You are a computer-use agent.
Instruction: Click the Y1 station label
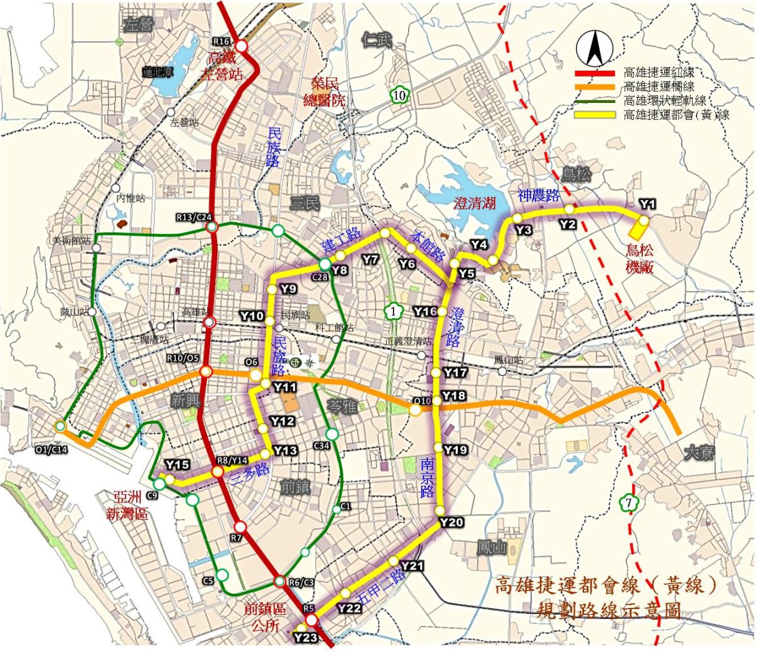coord(647,204)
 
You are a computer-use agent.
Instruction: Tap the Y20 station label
coord(452,523)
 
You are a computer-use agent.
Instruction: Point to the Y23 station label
coord(305,637)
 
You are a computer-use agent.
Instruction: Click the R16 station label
coord(221,41)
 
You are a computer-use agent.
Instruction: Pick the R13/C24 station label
coord(193,218)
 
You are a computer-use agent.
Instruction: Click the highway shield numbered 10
coord(398,95)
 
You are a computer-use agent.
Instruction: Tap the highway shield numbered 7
coord(628,503)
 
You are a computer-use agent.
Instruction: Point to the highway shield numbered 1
coord(392,311)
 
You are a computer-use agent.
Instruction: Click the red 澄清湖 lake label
coord(475,203)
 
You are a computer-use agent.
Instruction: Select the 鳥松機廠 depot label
coord(640,258)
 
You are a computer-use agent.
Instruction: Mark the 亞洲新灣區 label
coord(127,505)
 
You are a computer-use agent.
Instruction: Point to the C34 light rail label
coord(322,447)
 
